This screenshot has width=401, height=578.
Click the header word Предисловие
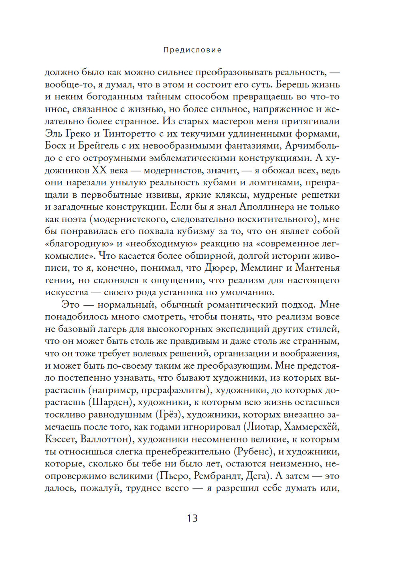pos(192,50)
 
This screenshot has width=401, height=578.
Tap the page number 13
pos(192,518)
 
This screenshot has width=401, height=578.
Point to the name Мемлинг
pos(263,268)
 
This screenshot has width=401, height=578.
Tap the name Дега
pos(257,476)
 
